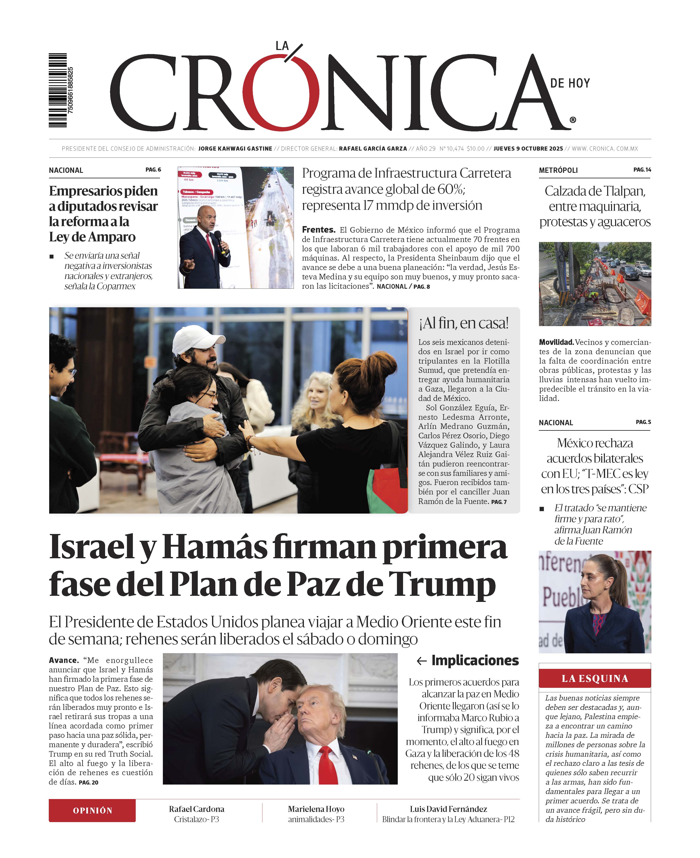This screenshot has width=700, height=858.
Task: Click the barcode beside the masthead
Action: click(58, 90)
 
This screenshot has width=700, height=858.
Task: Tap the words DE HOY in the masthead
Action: click(570, 83)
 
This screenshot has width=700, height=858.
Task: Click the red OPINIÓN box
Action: click(92, 810)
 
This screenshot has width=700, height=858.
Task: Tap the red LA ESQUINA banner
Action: click(595, 679)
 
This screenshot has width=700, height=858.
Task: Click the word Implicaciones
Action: click(475, 660)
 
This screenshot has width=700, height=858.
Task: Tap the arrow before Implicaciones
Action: click(421, 661)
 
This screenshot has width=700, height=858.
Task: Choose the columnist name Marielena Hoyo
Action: click(316, 809)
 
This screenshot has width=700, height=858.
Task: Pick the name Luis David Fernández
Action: click(448, 809)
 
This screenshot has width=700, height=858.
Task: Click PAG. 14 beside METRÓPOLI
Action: click(642, 170)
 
